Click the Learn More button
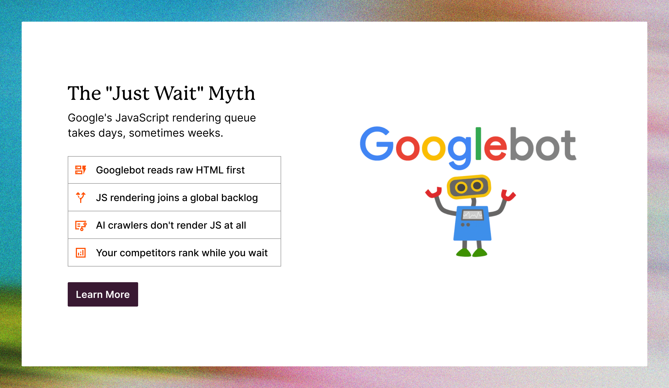(103, 294)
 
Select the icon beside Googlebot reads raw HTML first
(81, 170)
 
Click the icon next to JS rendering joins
(81, 198)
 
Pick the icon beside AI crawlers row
(81, 225)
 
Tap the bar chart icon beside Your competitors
(81, 253)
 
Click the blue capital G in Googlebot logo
(376, 144)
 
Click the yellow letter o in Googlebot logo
(433, 148)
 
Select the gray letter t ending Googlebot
(568, 146)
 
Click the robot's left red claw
(433, 192)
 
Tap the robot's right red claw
(508, 195)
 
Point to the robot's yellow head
(469, 187)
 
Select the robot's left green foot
(463, 253)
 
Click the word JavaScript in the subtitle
(142, 118)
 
